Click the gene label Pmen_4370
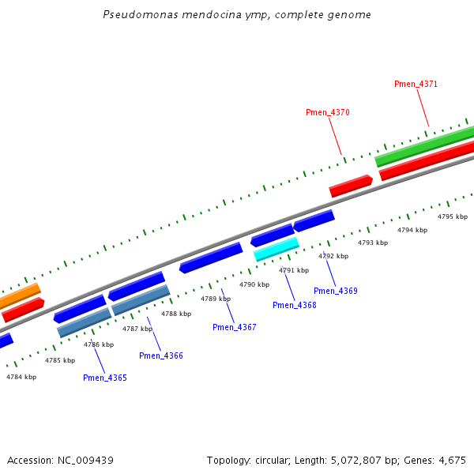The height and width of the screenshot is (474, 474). click(x=327, y=112)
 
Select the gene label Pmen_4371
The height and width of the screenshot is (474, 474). click(x=416, y=84)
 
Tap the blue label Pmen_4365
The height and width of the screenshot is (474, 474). click(x=104, y=378)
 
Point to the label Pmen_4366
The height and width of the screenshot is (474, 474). click(x=161, y=355)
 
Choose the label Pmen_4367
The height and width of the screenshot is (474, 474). click(x=234, y=327)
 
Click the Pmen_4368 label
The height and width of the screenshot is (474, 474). click(x=294, y=305)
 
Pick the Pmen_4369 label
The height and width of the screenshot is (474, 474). click(x=335, y=291)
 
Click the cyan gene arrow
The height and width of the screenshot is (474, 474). click(x=276, y=249)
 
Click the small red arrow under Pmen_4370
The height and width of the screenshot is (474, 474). click(x=350, y=186)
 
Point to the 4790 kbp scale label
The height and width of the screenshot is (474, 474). click(x=254, y=284)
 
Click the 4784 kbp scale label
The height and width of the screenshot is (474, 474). click(x=21, y=377)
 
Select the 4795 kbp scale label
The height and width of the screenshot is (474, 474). click(x=453, y=216)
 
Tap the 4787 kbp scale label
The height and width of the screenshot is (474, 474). click(x=137, y=329)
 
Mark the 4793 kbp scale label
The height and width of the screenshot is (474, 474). click(x=373, y=243)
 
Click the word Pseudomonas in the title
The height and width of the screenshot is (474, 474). click(x=135, y=15)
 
